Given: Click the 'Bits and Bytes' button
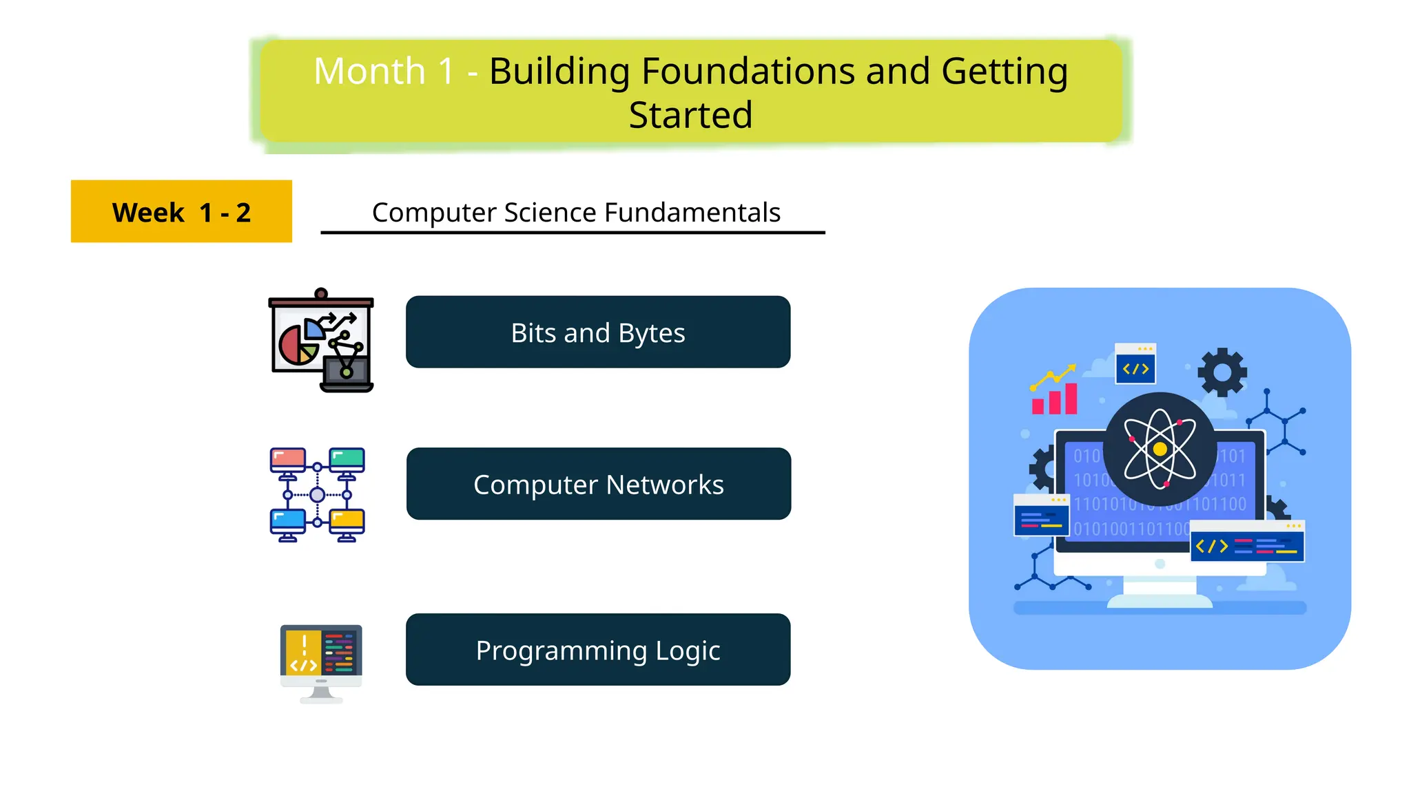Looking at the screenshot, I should click(597, 332).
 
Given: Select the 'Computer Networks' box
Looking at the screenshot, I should click(598, 484).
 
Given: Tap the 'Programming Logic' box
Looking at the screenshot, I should click(597, 650).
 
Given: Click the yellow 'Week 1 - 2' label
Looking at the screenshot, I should click(181, 212).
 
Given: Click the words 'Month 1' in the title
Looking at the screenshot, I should click(384, 72).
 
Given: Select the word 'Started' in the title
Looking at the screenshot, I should click(690, 115).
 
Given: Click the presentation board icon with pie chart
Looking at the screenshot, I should click(321, 341).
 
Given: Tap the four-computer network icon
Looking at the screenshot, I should click(317, 495).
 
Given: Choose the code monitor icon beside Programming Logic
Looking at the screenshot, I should click(321, 662).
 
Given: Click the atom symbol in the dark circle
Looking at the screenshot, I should click(1160, 450).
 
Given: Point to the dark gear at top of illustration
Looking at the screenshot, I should click(1222, 372).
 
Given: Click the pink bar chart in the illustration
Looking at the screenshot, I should click(1054, 399).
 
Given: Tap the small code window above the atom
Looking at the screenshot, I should click(1135, 364).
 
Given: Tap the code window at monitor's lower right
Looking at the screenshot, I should click(1247, 542).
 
